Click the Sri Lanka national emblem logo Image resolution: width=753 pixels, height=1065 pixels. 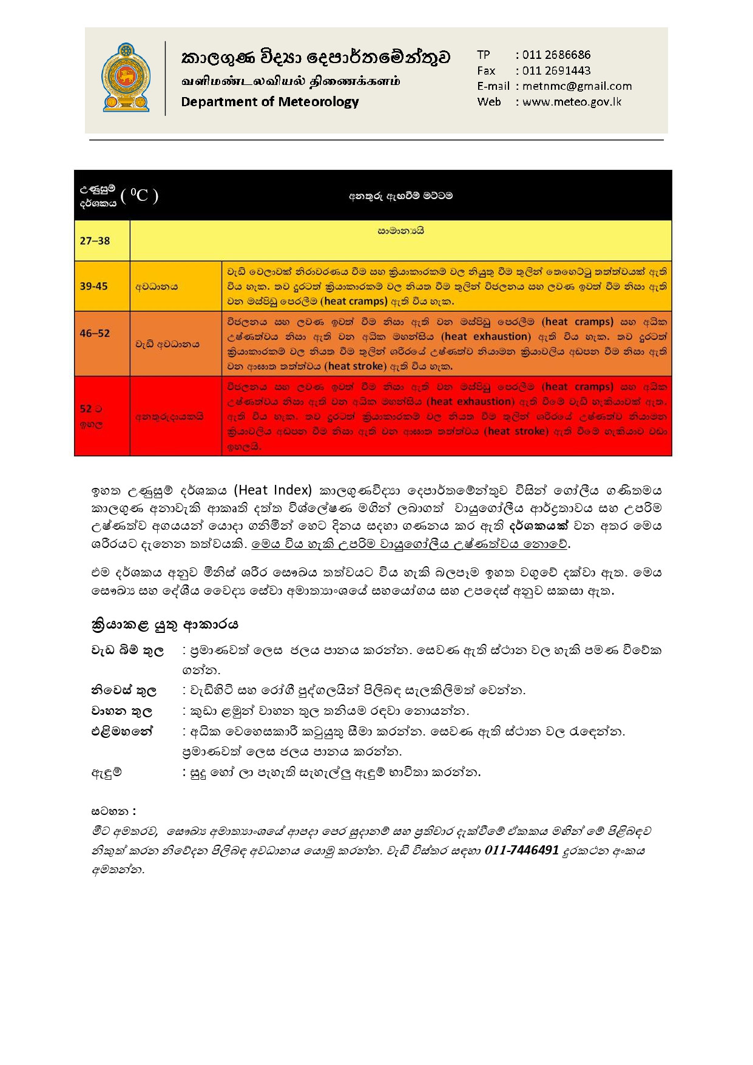(126, 78)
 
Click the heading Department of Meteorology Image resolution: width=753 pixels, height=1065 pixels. (269, 102)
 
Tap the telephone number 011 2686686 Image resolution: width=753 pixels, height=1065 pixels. (556, 55)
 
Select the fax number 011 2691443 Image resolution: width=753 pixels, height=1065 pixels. (556, 70)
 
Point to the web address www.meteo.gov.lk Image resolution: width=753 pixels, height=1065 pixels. (572, 102)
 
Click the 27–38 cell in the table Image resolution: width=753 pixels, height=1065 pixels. (95, 241)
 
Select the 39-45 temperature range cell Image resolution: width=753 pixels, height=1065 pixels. (94, 286)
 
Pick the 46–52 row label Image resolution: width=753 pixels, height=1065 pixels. (95, 333)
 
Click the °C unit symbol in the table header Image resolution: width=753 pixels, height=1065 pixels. (140, 195)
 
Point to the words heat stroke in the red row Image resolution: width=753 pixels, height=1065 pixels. (516, 431)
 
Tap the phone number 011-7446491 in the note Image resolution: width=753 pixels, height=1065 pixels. (521, 850)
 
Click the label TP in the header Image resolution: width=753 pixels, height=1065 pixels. (484, 55)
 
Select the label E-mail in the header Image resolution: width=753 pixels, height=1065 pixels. (493, 86)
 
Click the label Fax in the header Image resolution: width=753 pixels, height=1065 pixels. (486, 70)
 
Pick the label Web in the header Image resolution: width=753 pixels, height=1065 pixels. (489, 102)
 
